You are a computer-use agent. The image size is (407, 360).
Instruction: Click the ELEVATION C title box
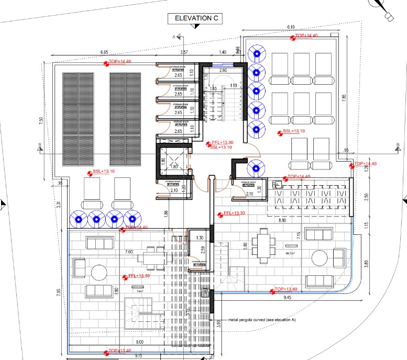click(196, 18)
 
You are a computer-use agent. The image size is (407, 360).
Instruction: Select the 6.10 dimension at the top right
click(291, 28)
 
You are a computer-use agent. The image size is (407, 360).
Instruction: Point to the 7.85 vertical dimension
click(344, 99)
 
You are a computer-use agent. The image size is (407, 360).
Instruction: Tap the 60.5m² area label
click(291, 252)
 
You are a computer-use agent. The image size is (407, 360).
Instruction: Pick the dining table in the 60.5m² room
click(262, 246)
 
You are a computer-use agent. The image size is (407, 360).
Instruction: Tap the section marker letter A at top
click(173, 37)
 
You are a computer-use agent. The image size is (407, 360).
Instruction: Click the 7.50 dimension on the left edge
click(41, 120)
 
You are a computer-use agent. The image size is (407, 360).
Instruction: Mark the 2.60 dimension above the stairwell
click(222, 70)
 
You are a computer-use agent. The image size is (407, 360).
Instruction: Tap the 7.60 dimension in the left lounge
click(129, 252)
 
